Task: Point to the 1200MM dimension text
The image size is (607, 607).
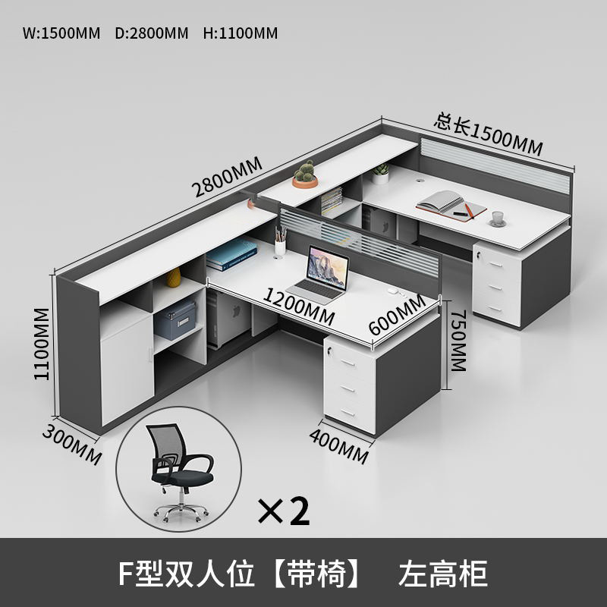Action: [x=298, y=307]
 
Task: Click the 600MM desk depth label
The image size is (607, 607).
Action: [x=397, y=314]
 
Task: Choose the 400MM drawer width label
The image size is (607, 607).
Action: [x=338, y=446]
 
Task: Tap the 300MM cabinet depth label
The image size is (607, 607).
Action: [x=72, y=444]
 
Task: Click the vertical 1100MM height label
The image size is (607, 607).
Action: [x=42, y=344]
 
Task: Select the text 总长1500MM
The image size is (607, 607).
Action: [x=488, y=134]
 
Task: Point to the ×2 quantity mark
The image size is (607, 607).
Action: [x=284, y=511]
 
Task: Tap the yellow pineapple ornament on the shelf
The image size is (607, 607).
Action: [x=174, y=277]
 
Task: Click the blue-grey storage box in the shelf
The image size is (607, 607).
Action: [x=176, y=319]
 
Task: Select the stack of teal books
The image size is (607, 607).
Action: [x=231, y=254]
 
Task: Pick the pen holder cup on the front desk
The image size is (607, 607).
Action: [x=280, y=241]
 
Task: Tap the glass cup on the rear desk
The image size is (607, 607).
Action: [x=497, y=219]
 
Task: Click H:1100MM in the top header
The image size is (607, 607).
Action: [x=241, y=33]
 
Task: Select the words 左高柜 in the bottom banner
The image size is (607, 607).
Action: [x=443, y=574]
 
